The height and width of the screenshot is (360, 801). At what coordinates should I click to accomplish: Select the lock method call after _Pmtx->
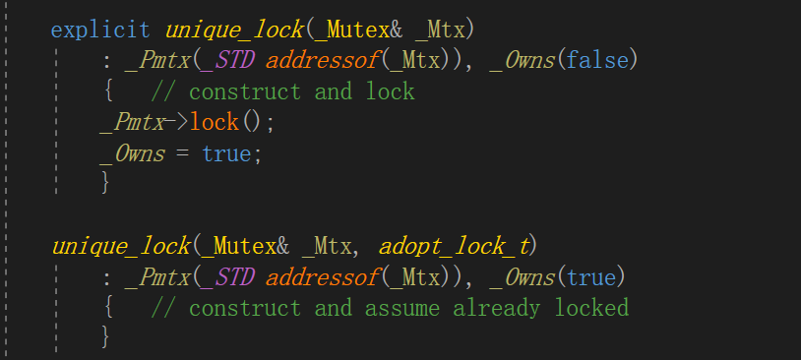tap(215, 122)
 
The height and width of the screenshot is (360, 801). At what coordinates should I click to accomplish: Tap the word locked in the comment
tap(591, 308)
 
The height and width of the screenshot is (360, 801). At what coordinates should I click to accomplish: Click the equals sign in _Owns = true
tap(183, 153)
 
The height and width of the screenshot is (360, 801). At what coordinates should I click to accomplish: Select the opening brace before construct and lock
tap(106, 91)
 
